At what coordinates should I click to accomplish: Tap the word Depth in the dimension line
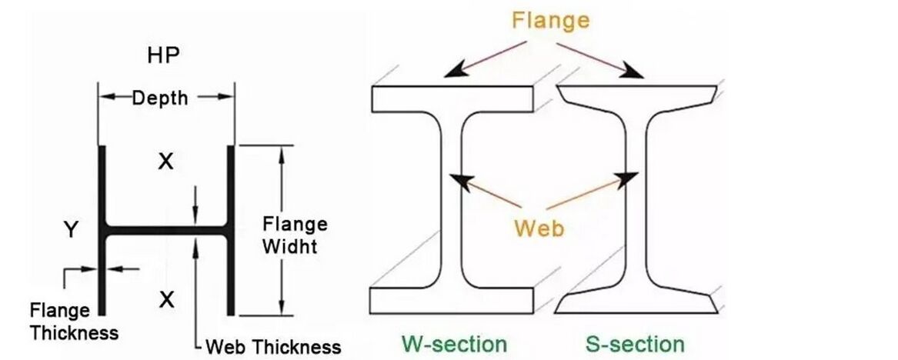(159, 98)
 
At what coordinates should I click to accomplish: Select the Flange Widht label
(295, 236)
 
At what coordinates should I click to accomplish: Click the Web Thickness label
(272, 346)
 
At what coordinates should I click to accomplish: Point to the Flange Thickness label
(74, 322)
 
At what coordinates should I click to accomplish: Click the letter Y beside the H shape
(70, 229)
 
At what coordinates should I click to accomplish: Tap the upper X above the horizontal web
(165, 162)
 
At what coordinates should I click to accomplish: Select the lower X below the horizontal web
(165, 299)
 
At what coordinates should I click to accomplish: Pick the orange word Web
(539, 227)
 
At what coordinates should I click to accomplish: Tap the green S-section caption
(635, 343)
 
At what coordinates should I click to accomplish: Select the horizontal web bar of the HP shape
(165, 230)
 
